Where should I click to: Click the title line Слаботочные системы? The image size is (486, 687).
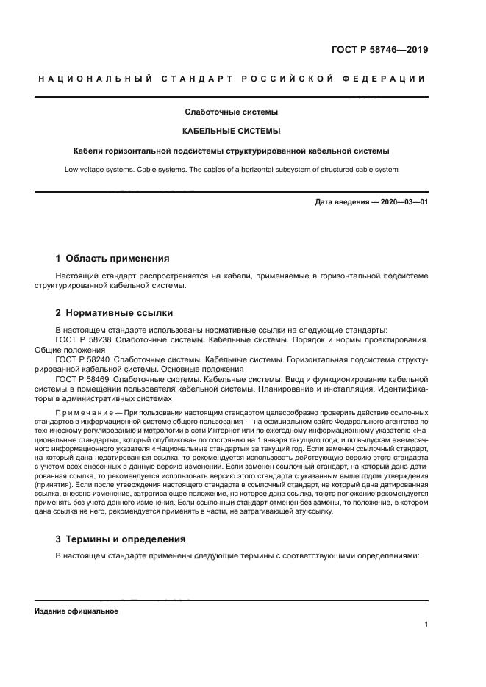point(231,112)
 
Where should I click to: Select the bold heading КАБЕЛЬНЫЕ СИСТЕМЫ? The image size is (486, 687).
point(231,132)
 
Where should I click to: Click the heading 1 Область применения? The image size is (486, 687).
point(112,259)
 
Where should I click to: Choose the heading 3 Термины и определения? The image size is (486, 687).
point(121,539)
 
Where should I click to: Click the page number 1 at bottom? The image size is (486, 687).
point(426,625)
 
